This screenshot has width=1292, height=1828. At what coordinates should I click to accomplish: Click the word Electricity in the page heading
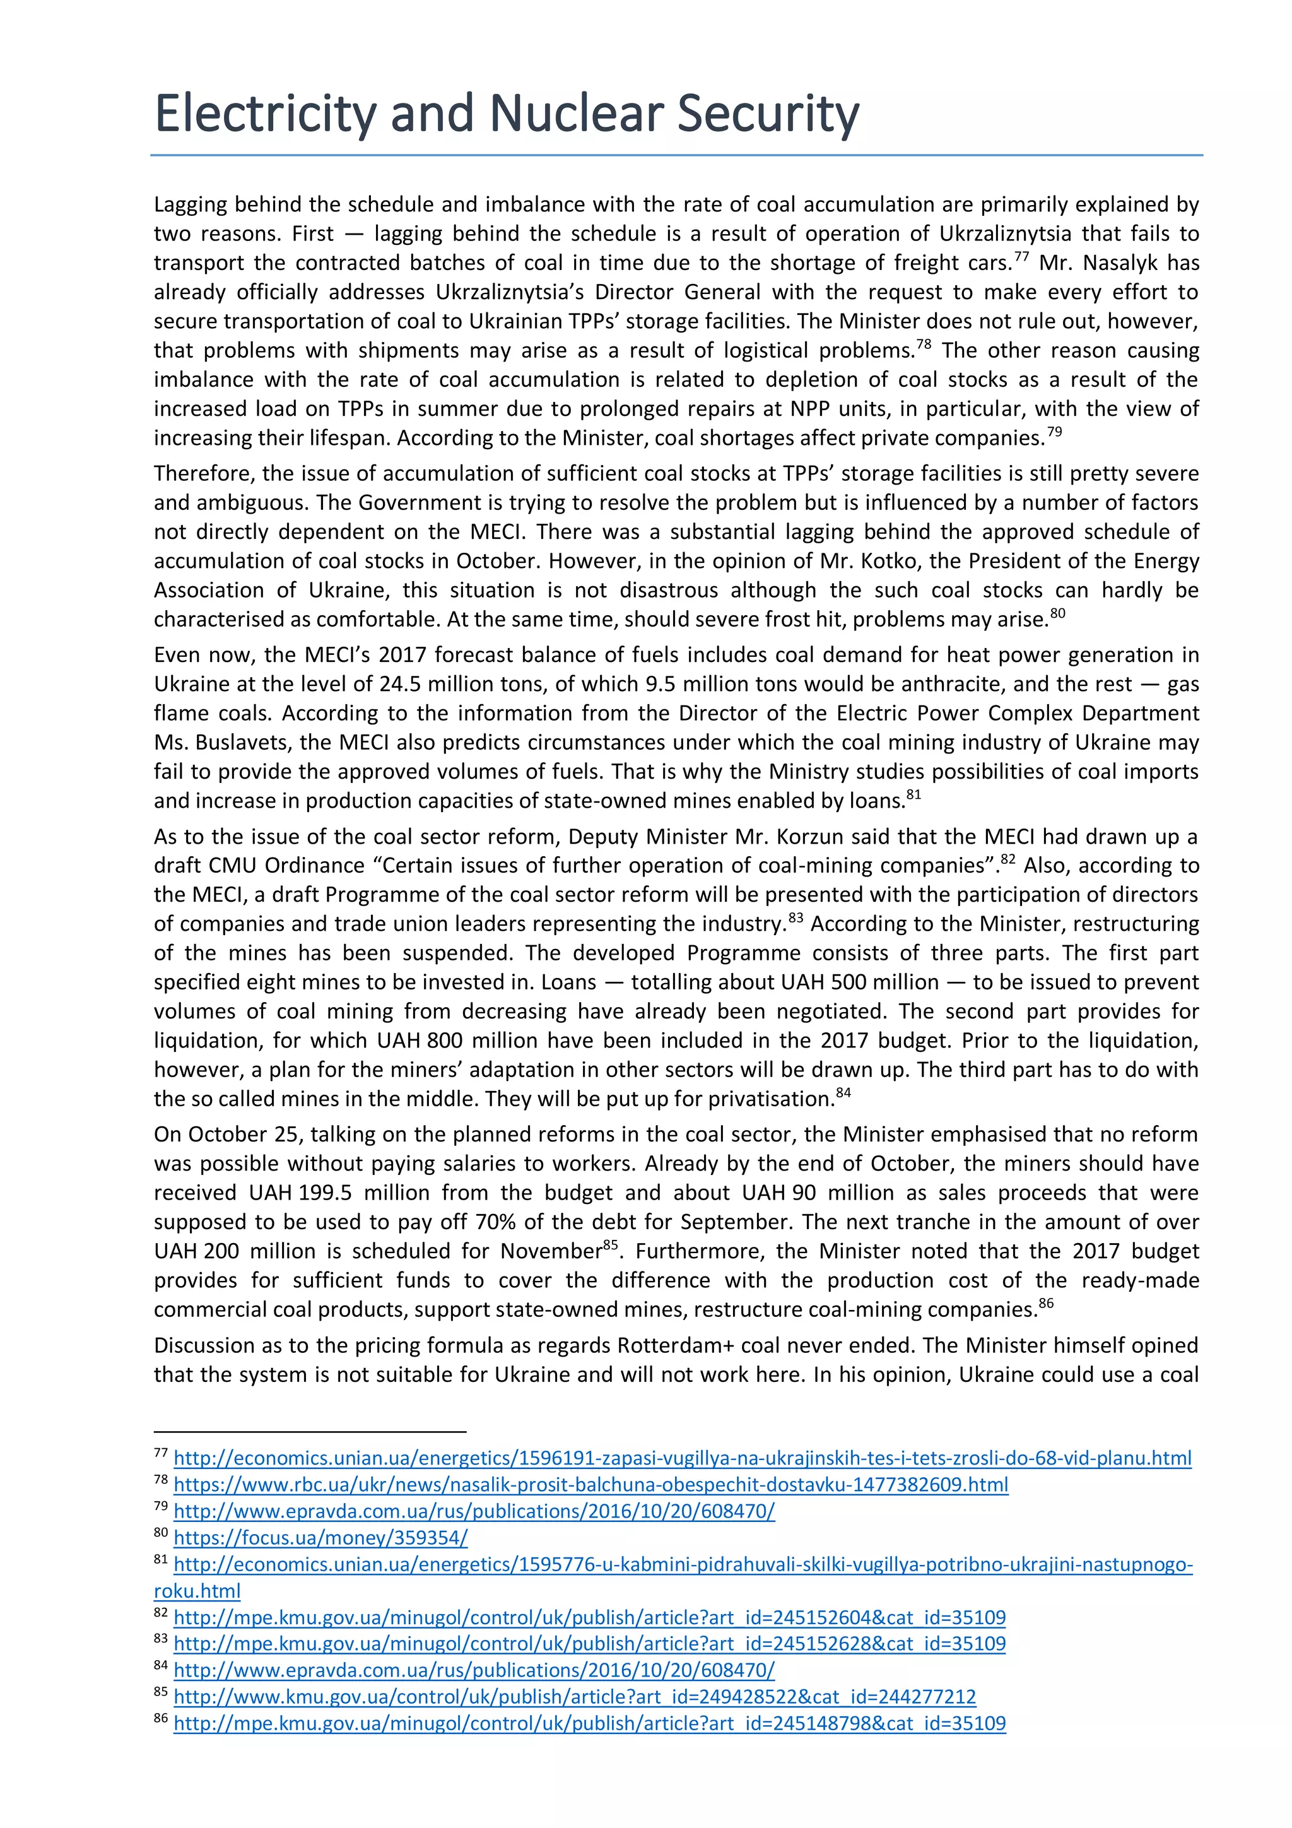[264, 113]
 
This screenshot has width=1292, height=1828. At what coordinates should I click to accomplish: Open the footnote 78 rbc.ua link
[590, 1485]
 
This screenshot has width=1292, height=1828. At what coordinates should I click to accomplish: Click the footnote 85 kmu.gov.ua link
[574, 1697]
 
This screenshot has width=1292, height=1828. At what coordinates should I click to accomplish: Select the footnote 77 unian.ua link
[682, 1459]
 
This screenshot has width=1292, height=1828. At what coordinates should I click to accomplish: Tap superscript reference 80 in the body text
[1057, 614]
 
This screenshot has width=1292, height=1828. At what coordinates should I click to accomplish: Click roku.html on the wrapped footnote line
[197, 1591]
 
